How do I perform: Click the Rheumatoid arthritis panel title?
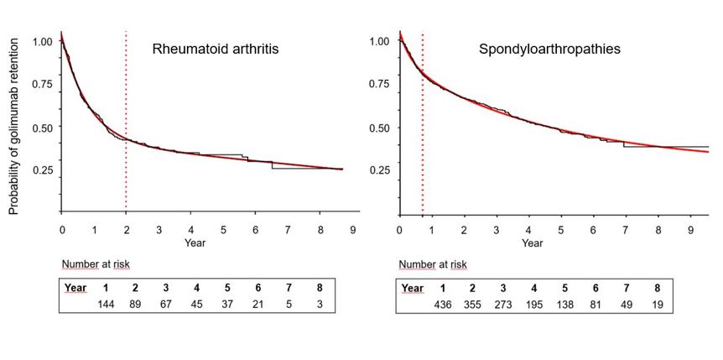[216, 49]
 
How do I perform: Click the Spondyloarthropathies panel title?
[549, 49]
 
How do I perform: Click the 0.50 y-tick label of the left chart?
[42, 128]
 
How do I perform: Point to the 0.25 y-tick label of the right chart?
[379, 170]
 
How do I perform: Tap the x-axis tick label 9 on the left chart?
[352, 229]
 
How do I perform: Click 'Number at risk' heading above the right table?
[433, 265]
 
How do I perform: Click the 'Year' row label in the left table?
[76, 288]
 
